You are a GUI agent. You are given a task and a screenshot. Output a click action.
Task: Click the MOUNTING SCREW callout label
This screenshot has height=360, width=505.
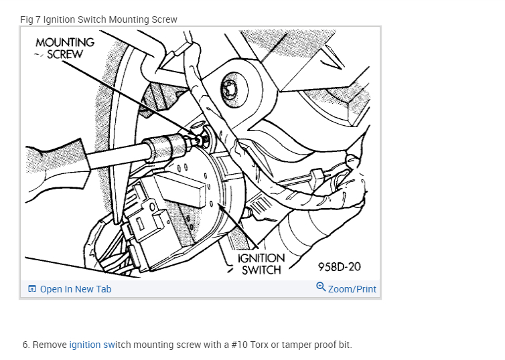tap(65, 48)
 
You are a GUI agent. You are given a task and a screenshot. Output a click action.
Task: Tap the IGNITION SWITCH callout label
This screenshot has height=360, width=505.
tap(261, 264)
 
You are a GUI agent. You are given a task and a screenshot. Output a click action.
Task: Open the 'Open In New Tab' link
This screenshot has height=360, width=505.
tap(75, 289)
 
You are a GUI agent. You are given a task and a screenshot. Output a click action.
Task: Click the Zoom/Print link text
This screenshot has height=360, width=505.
tap(352, 289)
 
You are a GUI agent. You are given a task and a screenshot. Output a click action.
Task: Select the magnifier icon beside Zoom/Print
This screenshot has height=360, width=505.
tap(321, 287)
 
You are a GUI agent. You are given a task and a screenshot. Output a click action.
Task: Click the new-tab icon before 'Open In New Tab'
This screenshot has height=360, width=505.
tap(32, 289)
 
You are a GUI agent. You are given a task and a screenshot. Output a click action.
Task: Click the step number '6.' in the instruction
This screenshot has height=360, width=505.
tap(26, 345)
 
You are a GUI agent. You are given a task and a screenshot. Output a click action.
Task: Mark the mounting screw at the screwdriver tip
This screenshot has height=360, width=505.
tap(200, 139)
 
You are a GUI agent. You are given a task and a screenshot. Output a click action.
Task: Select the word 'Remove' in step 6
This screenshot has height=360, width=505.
tap(50, 345)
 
